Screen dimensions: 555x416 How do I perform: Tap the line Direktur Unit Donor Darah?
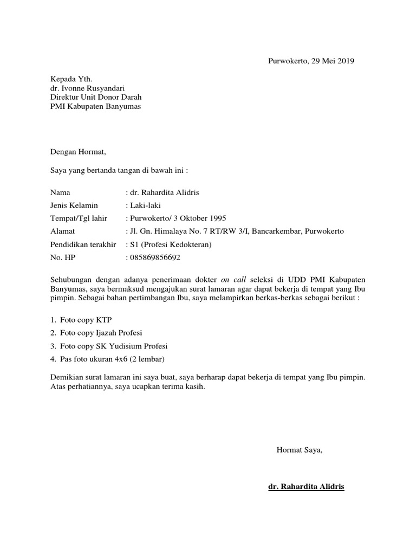click(96, 98)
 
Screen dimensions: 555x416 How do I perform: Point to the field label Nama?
click(60, 192)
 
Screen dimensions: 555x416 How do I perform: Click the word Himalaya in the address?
click(174, 231)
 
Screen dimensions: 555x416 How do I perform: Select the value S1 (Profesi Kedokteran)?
click(170, 244)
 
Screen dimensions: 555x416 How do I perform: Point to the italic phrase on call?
click(233, 279)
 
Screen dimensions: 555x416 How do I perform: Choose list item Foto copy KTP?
click(86, 319)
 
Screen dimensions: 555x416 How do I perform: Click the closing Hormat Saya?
click(300, 449)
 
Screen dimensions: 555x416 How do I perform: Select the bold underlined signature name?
click(306, 487)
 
